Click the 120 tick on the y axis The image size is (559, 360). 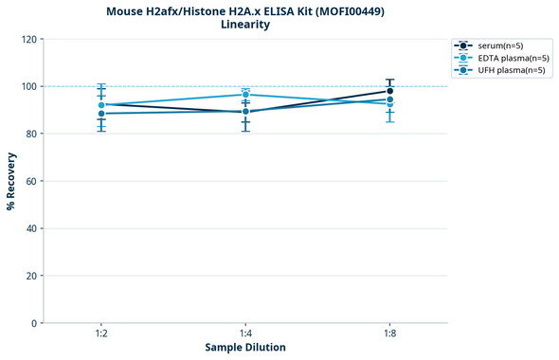point(28,40)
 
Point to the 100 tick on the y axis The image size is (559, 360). point(28,87)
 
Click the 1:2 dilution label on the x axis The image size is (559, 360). point(101,334)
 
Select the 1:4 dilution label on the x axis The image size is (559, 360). point(245,334)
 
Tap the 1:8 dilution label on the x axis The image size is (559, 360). point(389,334)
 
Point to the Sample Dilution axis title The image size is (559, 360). point(245,348)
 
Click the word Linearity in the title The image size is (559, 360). point(245,25)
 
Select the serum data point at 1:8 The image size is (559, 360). point(389,91)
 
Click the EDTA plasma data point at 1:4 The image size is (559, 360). point(245,95)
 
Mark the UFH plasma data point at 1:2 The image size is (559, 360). point(101,114)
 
